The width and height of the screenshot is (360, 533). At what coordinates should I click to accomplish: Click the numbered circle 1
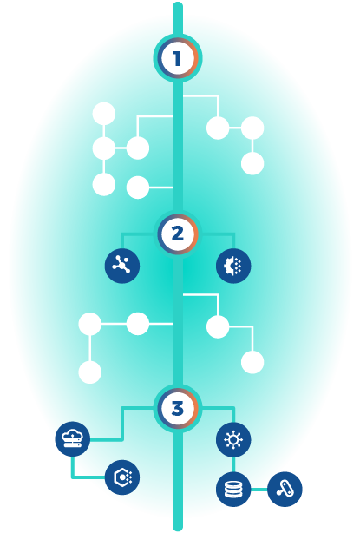[178, 58]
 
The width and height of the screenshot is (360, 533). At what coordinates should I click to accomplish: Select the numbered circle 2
[178, 234]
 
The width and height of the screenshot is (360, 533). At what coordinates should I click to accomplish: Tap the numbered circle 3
[178, 409]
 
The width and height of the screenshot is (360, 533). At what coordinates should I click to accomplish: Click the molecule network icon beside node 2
[122, 266]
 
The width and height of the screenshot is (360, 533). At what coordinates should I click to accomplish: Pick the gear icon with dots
[233, 266]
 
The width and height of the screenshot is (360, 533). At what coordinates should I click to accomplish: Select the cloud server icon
[73, 439]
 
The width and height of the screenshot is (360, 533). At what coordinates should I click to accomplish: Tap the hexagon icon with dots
[122, 477]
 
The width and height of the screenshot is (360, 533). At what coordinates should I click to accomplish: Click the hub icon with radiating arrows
[233, 439]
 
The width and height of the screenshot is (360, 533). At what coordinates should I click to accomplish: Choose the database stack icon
[233, 490]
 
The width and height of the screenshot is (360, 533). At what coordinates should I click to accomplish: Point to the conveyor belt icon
[285, 489]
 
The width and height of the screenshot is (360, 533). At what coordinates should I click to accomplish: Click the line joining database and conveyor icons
[259, 490]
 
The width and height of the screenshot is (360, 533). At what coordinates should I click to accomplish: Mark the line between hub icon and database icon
[233, 464]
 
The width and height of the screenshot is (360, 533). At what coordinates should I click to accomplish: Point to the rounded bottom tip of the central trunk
[178, 530]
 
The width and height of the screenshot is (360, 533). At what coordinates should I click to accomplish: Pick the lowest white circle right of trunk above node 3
[252, 362]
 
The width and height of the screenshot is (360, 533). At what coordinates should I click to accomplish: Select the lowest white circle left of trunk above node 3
[90, 372]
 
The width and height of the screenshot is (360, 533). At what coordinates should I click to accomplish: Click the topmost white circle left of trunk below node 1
[104, 114]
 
